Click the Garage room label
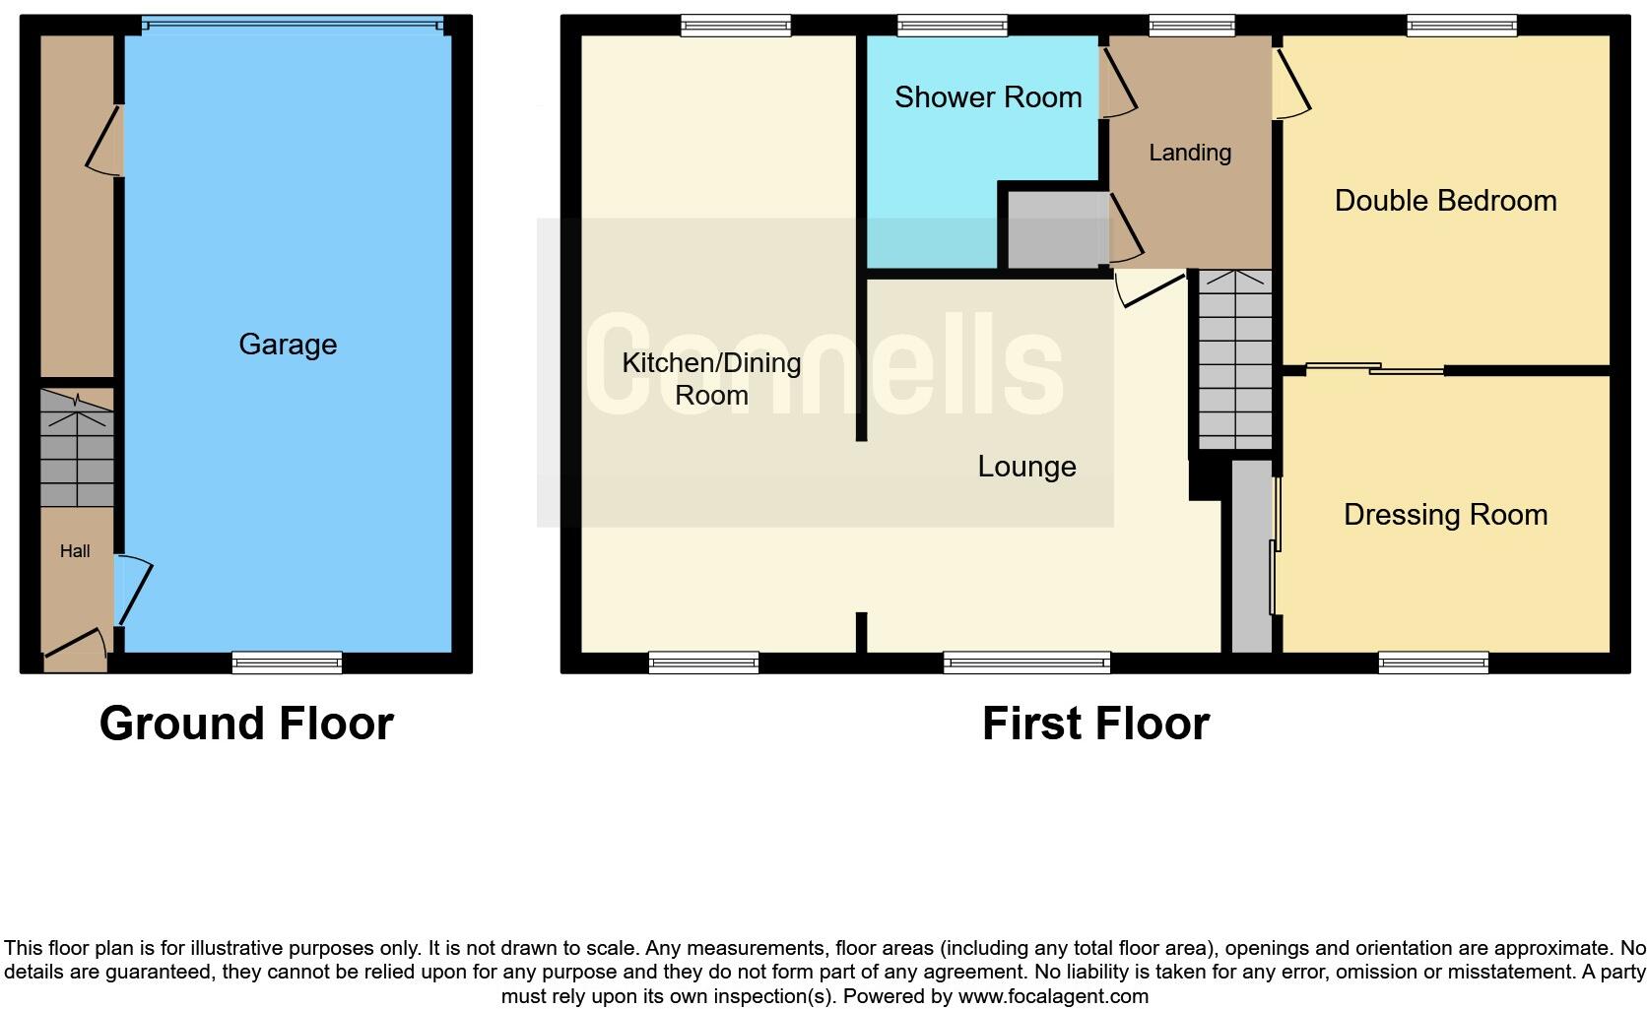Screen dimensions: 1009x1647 pyautogui.click(x=288, y=344)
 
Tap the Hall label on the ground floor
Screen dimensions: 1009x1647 pyautogui.click(x=75, y=551)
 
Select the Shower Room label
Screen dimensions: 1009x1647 pyautogui.click(x=988, y=96)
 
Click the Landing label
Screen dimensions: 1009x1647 pyautogui.click(x=1190, y=153)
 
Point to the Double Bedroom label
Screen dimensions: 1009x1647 pyautogui.click(x=1445, y=201)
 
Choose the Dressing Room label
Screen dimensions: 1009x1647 pyautogui.click(x=1445, y=515)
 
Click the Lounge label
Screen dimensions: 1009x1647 pyautogui.click(x=1026, y=467)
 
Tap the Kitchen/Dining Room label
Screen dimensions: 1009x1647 pyautogui.click(x=711, y=378)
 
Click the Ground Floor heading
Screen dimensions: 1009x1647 pyautogui.click(x=246, y=724)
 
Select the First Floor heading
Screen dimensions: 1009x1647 pyautogui.click(x=1095, y=724)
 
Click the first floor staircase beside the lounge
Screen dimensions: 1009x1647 pyautogui.click(x=1234, y=360)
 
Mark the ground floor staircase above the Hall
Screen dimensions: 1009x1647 pyautogui.click(x=77, y=449)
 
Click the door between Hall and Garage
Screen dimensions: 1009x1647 pyautogui.click(x=133, y=591)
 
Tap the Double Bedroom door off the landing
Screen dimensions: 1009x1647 pyautogui.click(x=1291, y=84)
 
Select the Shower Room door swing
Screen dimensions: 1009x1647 pyautogui.click(x=1118, y=84)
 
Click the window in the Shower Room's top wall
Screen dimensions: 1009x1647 pyautogui.click(x=953, y=27)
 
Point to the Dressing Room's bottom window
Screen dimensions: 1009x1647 pyautogui.click(x=1433, y=663)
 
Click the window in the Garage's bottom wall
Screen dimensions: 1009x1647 pyautogui.click(x=287, y=662)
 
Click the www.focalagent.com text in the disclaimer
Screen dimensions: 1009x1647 pyautogui.click(x=1053, y=996)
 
